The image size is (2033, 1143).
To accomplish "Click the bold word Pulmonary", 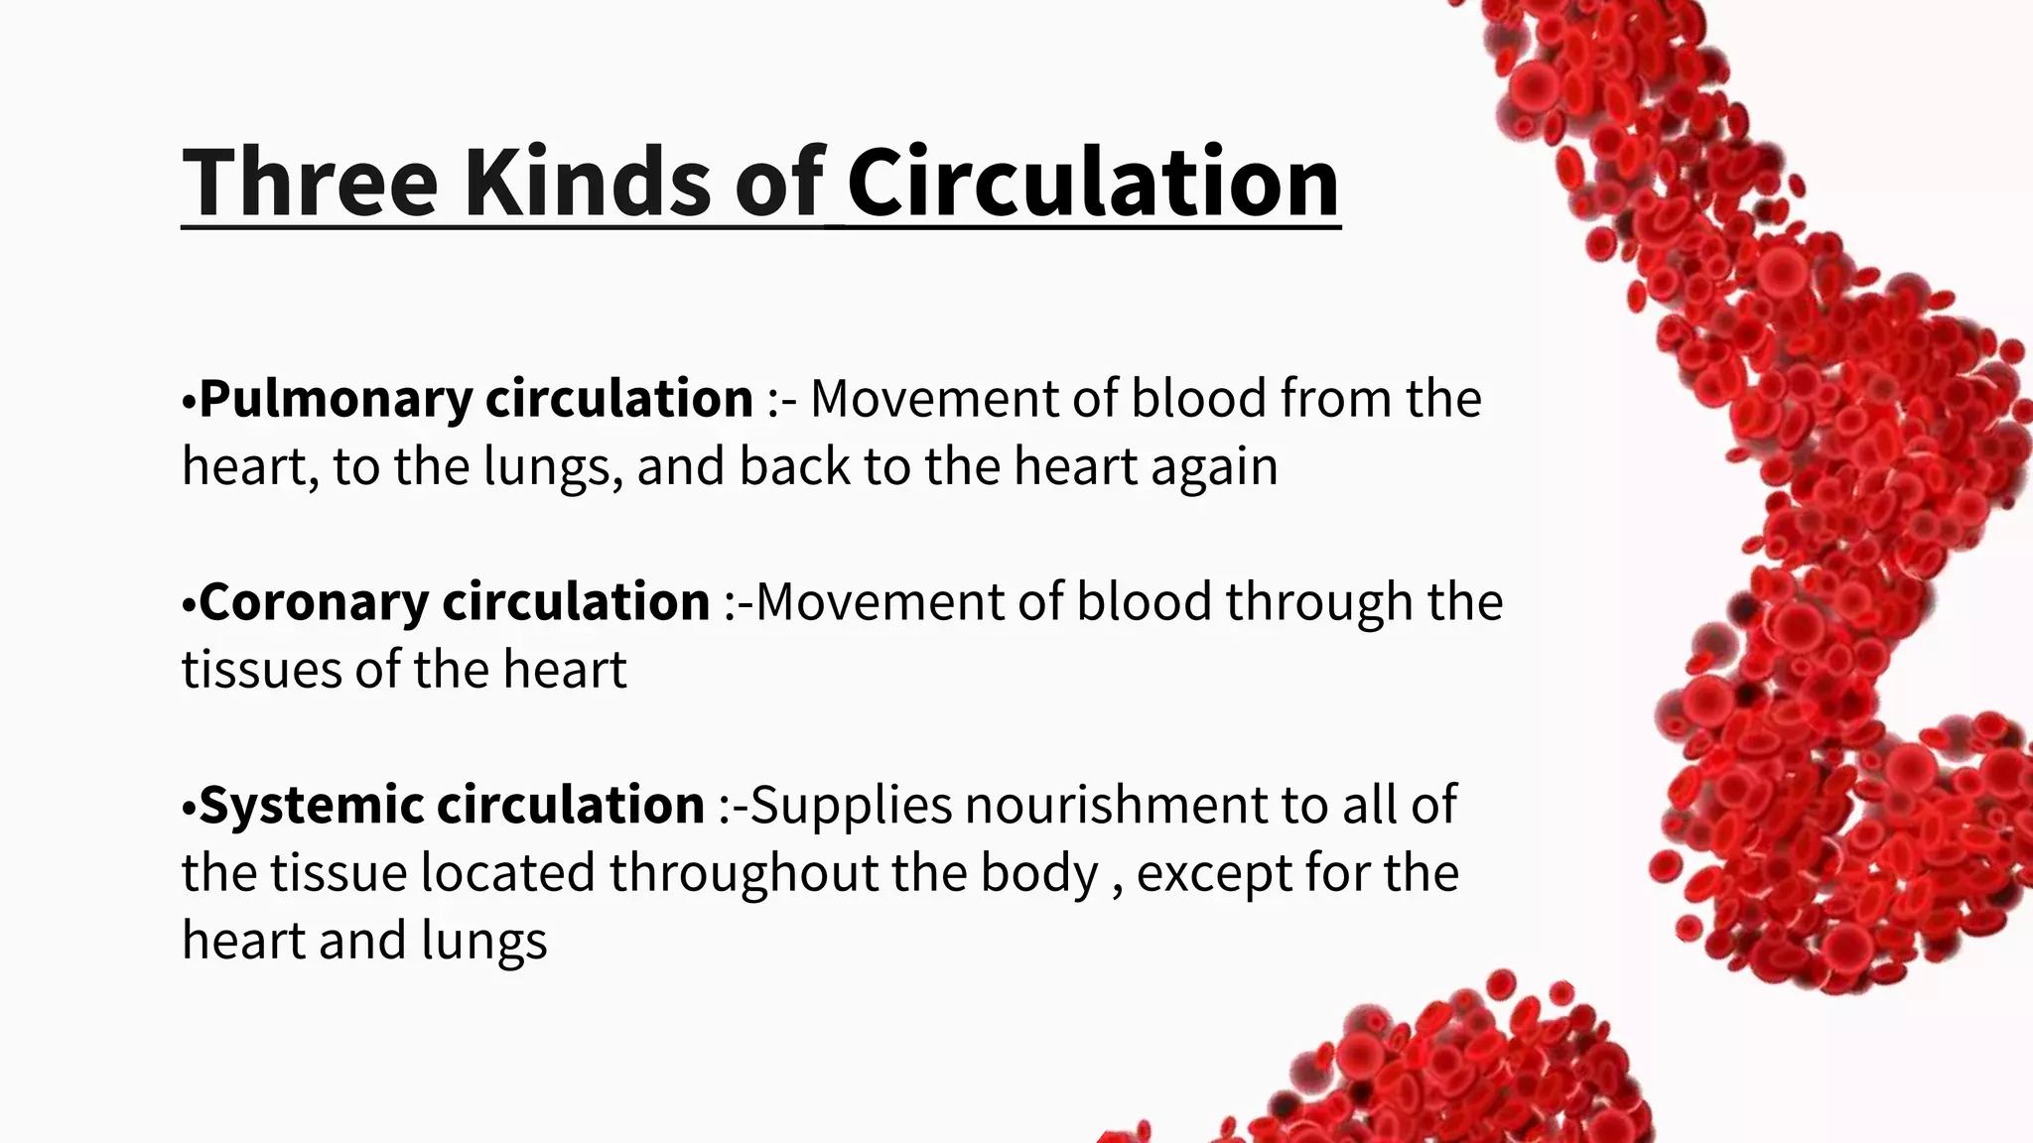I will click(336, 400).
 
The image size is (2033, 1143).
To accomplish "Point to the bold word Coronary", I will click(313, 602).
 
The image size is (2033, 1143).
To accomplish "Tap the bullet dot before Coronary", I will click(189, 605).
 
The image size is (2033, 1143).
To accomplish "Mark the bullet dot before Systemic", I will click(189, 808).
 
